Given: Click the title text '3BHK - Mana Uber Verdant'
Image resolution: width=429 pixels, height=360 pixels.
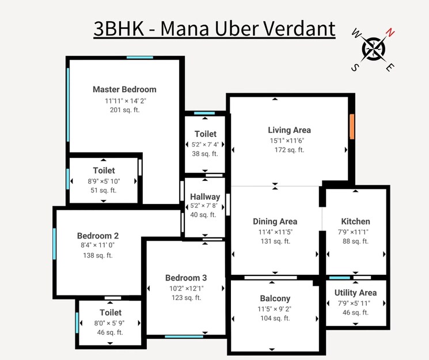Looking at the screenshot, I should tap(214, 28).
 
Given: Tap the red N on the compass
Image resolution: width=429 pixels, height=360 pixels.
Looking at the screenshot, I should tap(390, 32).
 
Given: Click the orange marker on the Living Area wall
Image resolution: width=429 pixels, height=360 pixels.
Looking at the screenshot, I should tap(351, 126).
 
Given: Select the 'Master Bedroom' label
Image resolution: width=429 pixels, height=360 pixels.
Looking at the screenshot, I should tap(124, 89).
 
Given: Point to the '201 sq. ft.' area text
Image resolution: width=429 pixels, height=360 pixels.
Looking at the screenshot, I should tap(124, 109).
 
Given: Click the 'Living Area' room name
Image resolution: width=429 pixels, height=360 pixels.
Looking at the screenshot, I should tap(289, 130).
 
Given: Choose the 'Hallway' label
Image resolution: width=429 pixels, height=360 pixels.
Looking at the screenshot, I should tap(205, 197).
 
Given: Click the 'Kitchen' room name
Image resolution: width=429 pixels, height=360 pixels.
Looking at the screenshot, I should tap(355, 221).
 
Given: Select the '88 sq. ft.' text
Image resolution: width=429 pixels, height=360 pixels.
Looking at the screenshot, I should tap(355, 241).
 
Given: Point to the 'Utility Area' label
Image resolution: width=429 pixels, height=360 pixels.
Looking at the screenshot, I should tap(355, 293).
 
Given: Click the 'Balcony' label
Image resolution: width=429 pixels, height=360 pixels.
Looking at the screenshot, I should tap(275, 298).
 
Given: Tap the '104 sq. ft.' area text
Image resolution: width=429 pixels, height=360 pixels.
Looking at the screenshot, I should tap(275, 318).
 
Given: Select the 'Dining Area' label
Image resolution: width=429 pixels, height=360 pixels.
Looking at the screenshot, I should tap(275, 221).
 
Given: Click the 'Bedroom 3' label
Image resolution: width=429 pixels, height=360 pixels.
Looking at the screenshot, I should tap(185, 278).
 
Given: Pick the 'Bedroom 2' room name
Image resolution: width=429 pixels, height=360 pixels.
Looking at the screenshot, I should tap(98, 236).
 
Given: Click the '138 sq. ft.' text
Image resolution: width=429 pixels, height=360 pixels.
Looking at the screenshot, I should tap(98, 255).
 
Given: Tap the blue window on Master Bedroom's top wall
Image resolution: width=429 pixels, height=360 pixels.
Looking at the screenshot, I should tap(140, 57).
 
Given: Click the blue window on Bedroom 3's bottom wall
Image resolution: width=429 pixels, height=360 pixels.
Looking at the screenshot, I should tap(180, 336).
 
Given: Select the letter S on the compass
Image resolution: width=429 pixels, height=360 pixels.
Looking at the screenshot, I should tap(355, 67).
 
